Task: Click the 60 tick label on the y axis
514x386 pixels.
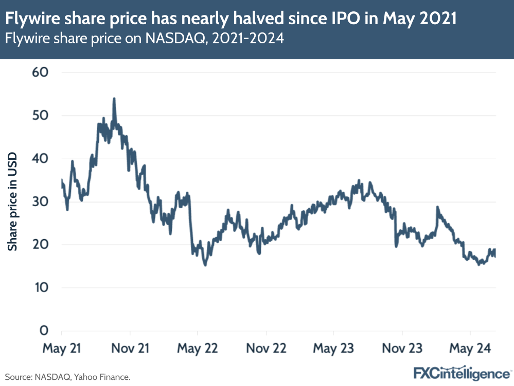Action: tap(40, 72)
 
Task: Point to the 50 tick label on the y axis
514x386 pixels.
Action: tap(40, 115)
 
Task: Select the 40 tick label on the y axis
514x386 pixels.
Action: tap(40, 158)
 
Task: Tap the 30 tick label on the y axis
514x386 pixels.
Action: tap(40, 202)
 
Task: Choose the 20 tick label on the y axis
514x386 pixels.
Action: tap(40, 244)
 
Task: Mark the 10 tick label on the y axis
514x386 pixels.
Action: tap(40, 288)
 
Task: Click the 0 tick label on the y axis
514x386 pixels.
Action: tap(44, 331)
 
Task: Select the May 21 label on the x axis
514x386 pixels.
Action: tap(62, 348)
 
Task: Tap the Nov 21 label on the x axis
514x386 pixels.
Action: tap(129, 348)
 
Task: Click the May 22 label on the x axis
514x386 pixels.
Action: tap(198, 348)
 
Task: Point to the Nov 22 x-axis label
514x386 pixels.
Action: tap(265, 348)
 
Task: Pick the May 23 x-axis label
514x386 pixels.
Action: tap(333, 348)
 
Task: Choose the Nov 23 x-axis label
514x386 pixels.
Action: tap(402, 348)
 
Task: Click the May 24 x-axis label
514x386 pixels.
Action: tap(470, 348)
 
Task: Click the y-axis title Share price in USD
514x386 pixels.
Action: tap(13, 202)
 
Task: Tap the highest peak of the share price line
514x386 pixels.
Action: tap(114, 98)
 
